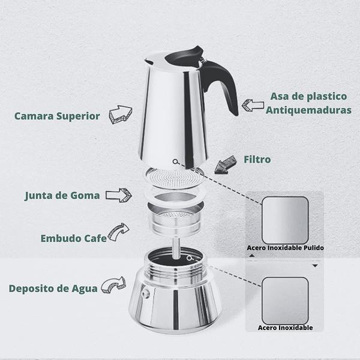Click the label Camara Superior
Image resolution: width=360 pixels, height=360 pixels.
pos(57,116)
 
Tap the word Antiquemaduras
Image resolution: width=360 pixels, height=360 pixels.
pos(308,110)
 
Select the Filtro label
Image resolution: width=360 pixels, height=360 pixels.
pos(257,160)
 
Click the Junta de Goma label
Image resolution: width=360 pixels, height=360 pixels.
pos(62,196)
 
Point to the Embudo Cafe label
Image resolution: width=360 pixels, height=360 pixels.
pos(74,238)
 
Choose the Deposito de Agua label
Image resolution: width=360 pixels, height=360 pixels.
pos(53,289)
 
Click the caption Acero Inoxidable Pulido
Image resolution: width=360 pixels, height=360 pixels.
pos(285,248)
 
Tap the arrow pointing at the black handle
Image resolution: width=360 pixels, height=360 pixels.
pos(253,105)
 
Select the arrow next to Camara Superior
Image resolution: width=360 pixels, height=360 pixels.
pos(121,115)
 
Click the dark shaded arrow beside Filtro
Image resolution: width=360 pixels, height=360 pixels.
pos(226,165)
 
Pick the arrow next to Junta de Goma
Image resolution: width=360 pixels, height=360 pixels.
pos(119,196)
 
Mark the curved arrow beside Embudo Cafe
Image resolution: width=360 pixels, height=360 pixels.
pos(118,232)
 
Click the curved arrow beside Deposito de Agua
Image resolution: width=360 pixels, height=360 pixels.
pos(113,285)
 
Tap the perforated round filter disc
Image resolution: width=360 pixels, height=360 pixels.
pos(175,178)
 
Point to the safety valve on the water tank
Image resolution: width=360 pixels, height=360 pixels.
pos(145,293)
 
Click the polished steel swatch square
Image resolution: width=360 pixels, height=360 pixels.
pos(285,220)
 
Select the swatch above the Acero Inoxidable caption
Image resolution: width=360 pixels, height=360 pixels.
pos(285,301)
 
